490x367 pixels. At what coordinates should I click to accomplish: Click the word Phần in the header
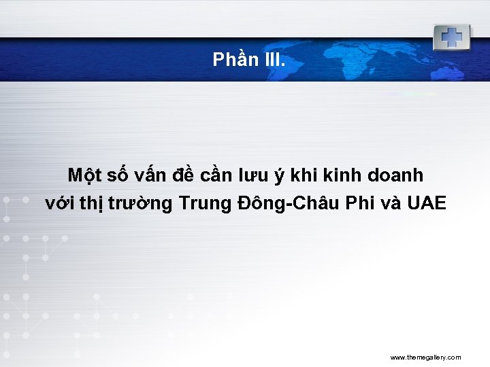[x=233, y=60]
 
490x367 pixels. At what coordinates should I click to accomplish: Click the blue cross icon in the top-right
[x=451, y=37]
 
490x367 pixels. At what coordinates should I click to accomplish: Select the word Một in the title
[x=84, y=175]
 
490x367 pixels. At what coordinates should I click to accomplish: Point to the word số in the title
[x=120, y=175]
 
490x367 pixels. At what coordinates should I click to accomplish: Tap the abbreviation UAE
[x=429, y=203]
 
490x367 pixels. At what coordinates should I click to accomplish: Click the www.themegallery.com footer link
[x=425, y=357]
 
